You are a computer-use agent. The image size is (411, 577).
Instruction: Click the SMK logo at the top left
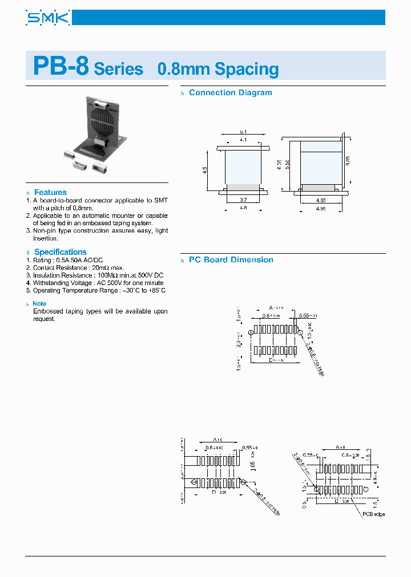[48, 18]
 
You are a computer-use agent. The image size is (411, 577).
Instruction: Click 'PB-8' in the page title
[61, 66]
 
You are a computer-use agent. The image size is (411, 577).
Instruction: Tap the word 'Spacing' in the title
[247, 70]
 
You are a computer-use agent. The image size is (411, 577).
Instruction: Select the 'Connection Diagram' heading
[230, 92]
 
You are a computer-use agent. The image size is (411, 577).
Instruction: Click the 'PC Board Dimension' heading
[231, 259]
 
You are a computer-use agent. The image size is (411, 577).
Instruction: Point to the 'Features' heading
[50, 192]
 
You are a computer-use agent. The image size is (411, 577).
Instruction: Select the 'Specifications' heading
[60, 251]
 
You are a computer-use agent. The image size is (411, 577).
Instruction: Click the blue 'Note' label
[39, 304]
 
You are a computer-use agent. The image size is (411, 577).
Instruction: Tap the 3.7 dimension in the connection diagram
[243, 200]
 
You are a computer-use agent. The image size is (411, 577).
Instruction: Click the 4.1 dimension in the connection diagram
[243, 140]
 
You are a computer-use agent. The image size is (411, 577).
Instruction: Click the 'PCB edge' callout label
[374, 515]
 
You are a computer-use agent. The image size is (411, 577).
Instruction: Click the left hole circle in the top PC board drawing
[251, 334]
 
